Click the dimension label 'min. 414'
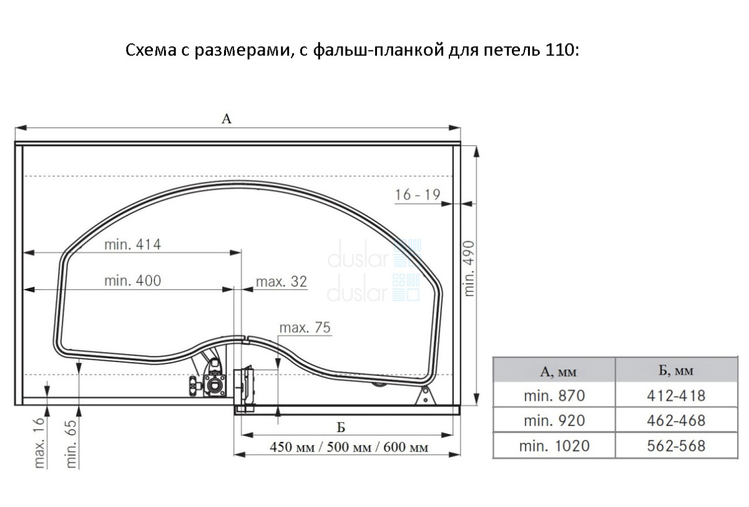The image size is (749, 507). pyautogui.click(x=133, y=245)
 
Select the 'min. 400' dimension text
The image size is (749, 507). pyautogui.click(x=133, y=280)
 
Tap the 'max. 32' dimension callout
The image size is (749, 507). pyautogui.click(x=281, y=282)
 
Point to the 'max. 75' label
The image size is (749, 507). pyautogui.click(x=305, y=327)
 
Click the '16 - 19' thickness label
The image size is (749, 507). pyautogui.click(x=418, y=195)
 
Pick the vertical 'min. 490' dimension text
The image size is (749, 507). pyautogui.click(x=470, y=268)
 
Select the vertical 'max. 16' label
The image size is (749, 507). pyautogui.click(x=39, y=443)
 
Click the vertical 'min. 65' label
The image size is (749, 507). pyautogui.click(x=72, y=444)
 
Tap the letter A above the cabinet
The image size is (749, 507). pyautogui.click(x=227, y=119)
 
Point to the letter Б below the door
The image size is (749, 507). pyautogui.click(x=341, y=428)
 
